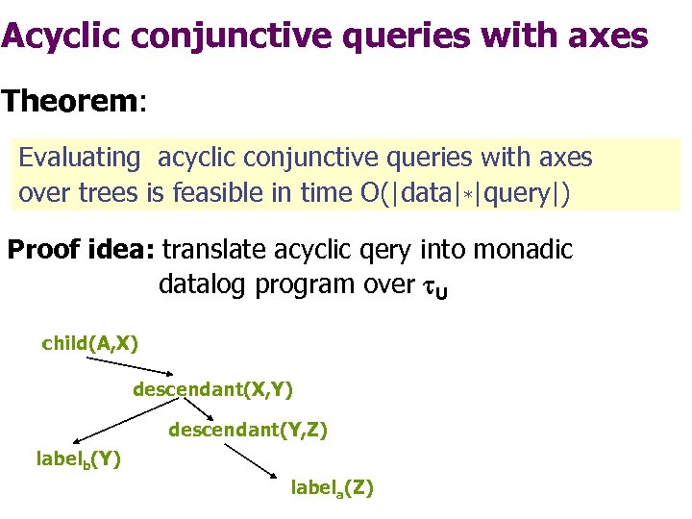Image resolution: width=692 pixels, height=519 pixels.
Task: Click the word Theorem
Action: tap(69, 101)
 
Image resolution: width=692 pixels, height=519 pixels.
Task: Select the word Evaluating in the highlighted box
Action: tap(79, 157)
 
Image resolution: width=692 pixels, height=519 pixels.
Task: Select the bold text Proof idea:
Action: tap(81, 251)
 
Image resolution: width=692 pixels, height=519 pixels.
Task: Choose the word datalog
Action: tap(212, 285)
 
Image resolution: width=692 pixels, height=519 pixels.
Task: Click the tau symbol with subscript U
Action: tap(434, 287)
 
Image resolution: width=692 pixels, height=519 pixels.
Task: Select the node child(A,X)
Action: tap(89, 343)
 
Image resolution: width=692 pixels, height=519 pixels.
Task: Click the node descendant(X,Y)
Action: tap(212, 389)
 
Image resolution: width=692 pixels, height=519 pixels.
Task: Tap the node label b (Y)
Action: tap(78, 458)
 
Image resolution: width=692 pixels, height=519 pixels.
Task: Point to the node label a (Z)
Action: tap(332, 488)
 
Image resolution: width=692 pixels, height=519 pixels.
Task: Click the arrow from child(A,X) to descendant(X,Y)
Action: tap(130, 366)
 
